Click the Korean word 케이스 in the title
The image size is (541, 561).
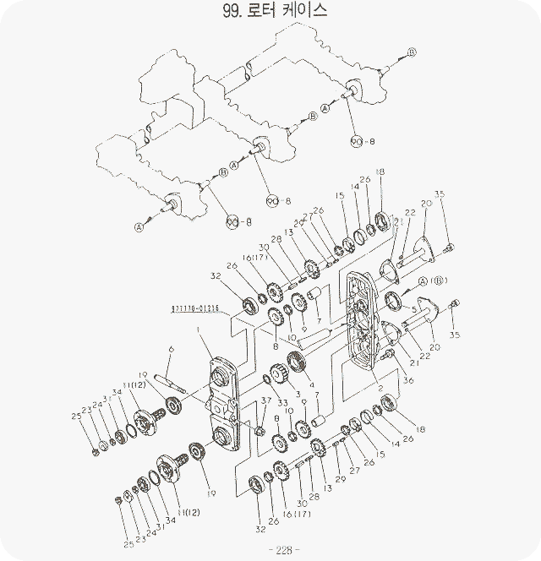pos(299,11)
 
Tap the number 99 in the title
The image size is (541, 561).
pos(232,11)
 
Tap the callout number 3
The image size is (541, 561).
pos(298,395)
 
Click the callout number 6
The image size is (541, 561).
pos(170,349)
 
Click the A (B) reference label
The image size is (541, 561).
pos(433,280)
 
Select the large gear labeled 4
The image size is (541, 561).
pos(296,366)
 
